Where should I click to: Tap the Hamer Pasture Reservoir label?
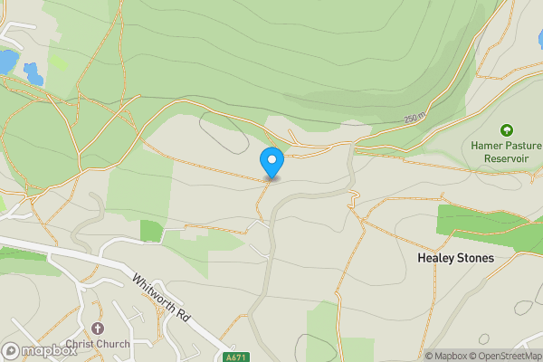tap(505, 151)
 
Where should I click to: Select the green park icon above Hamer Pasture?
tap(505, 130)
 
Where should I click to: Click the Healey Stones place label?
tap(455, 258)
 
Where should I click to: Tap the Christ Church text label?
tap(98, 344)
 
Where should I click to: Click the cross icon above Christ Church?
tap(98, 329)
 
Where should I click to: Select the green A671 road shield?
tap(236, 357)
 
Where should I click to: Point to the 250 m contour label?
tap(414, 119)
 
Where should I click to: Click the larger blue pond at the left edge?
tap(7, 62)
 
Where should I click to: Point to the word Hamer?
tap(487, 145)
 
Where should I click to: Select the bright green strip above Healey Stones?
tap(490, 221)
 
